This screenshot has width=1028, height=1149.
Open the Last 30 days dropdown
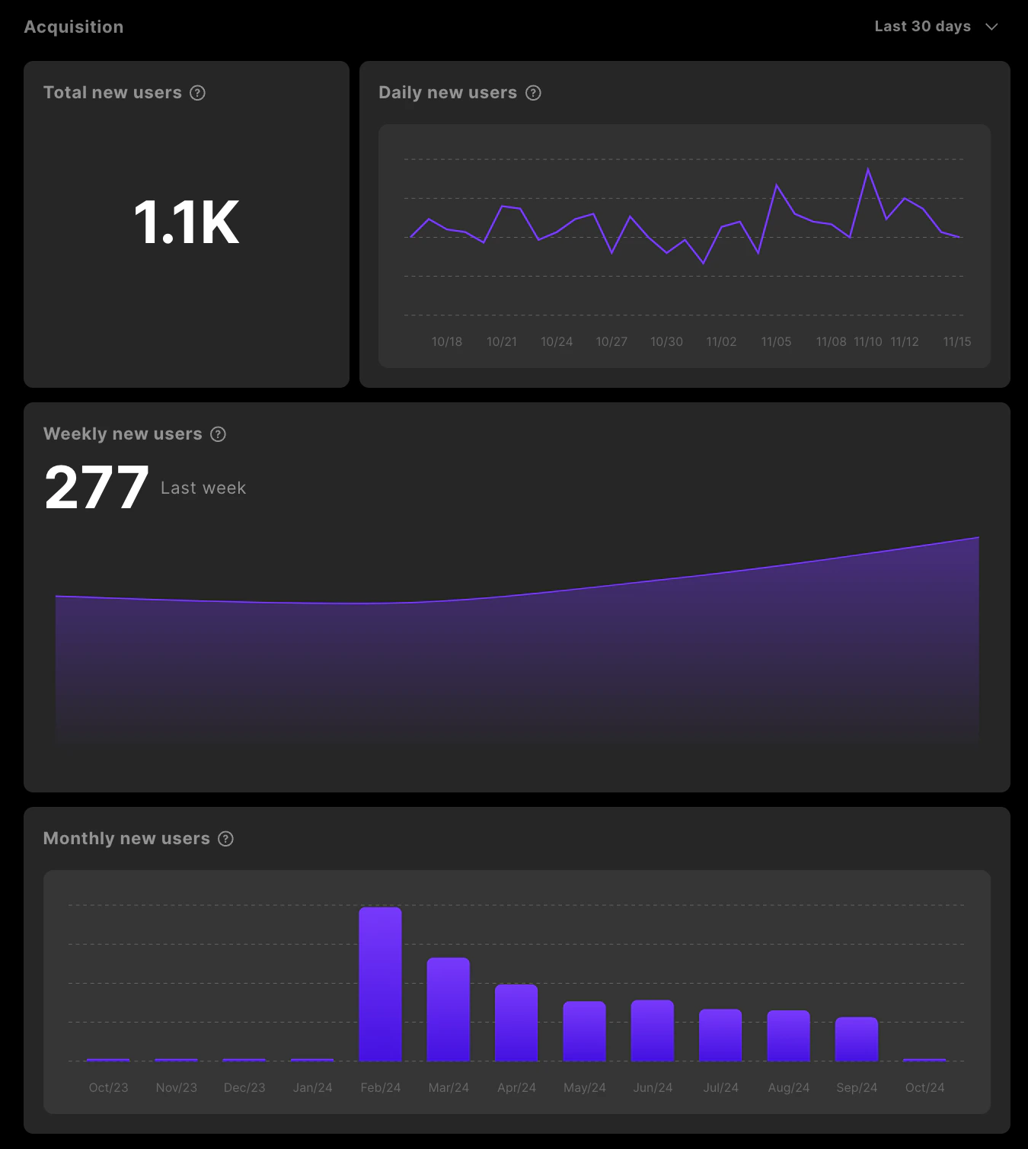tap(936, 27)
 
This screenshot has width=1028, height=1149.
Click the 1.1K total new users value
tap(187, 222)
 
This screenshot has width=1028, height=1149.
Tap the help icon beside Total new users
tap(198, 93)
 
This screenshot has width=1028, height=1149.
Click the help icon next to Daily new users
tap(534, 93)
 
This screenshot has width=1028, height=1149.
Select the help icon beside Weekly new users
tap(219, 434)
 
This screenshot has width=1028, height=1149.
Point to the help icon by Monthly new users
tap(226, 839)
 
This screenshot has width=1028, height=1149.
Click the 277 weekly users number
tap(97, 488)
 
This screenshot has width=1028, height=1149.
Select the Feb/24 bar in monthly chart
tap(380, 984)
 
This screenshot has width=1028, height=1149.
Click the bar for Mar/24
tap(449, 1010)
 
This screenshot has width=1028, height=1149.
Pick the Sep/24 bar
tap(857, 1039)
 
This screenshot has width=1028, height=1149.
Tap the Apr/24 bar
tap(516, 1023)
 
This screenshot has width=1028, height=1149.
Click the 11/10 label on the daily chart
tap(868, 341)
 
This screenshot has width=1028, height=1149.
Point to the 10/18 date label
tap(447, 341)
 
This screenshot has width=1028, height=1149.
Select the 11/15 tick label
tap(957, 341)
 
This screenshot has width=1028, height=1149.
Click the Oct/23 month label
tap(108, 1087)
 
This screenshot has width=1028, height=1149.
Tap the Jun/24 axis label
tap(653, 1087)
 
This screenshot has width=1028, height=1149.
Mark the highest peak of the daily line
tap(868, 169)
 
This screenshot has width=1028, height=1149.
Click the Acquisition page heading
tap(74, 27)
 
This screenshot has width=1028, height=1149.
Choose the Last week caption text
tap(203, 488)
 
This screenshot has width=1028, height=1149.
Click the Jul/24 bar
tap(720, 1035)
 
